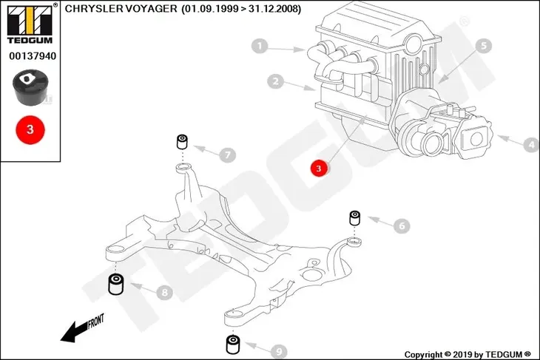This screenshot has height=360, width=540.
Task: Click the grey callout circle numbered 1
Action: (260, 46)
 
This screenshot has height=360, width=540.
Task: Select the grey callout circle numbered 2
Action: (275, 81)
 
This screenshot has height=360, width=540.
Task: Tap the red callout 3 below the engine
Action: (319, 169)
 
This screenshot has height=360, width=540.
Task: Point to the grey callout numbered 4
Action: (531, 145)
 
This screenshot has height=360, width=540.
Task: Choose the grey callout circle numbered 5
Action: (484, 46)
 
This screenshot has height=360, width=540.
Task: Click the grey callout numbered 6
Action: (402, 225)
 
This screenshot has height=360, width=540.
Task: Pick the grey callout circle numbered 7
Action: (228, 155)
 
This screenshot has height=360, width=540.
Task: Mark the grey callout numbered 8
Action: (164, 293)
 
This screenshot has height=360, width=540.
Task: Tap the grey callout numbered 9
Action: (279, 352)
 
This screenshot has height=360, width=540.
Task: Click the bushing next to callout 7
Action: (182, 141)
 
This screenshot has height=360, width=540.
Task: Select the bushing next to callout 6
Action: (355, 218)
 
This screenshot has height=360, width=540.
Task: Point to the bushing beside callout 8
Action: (116, 284)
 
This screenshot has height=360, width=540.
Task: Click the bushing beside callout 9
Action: (233, 344)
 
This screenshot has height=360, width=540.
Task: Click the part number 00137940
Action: (33, 56)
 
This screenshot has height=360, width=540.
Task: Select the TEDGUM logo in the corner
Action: (30, 24)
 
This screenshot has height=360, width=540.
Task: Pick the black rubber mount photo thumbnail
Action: (30, 87)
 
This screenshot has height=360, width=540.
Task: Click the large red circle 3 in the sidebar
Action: (30, 130)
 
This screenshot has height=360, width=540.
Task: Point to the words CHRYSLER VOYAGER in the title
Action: (121, 9)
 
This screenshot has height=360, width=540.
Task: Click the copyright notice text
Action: (468, 354)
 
